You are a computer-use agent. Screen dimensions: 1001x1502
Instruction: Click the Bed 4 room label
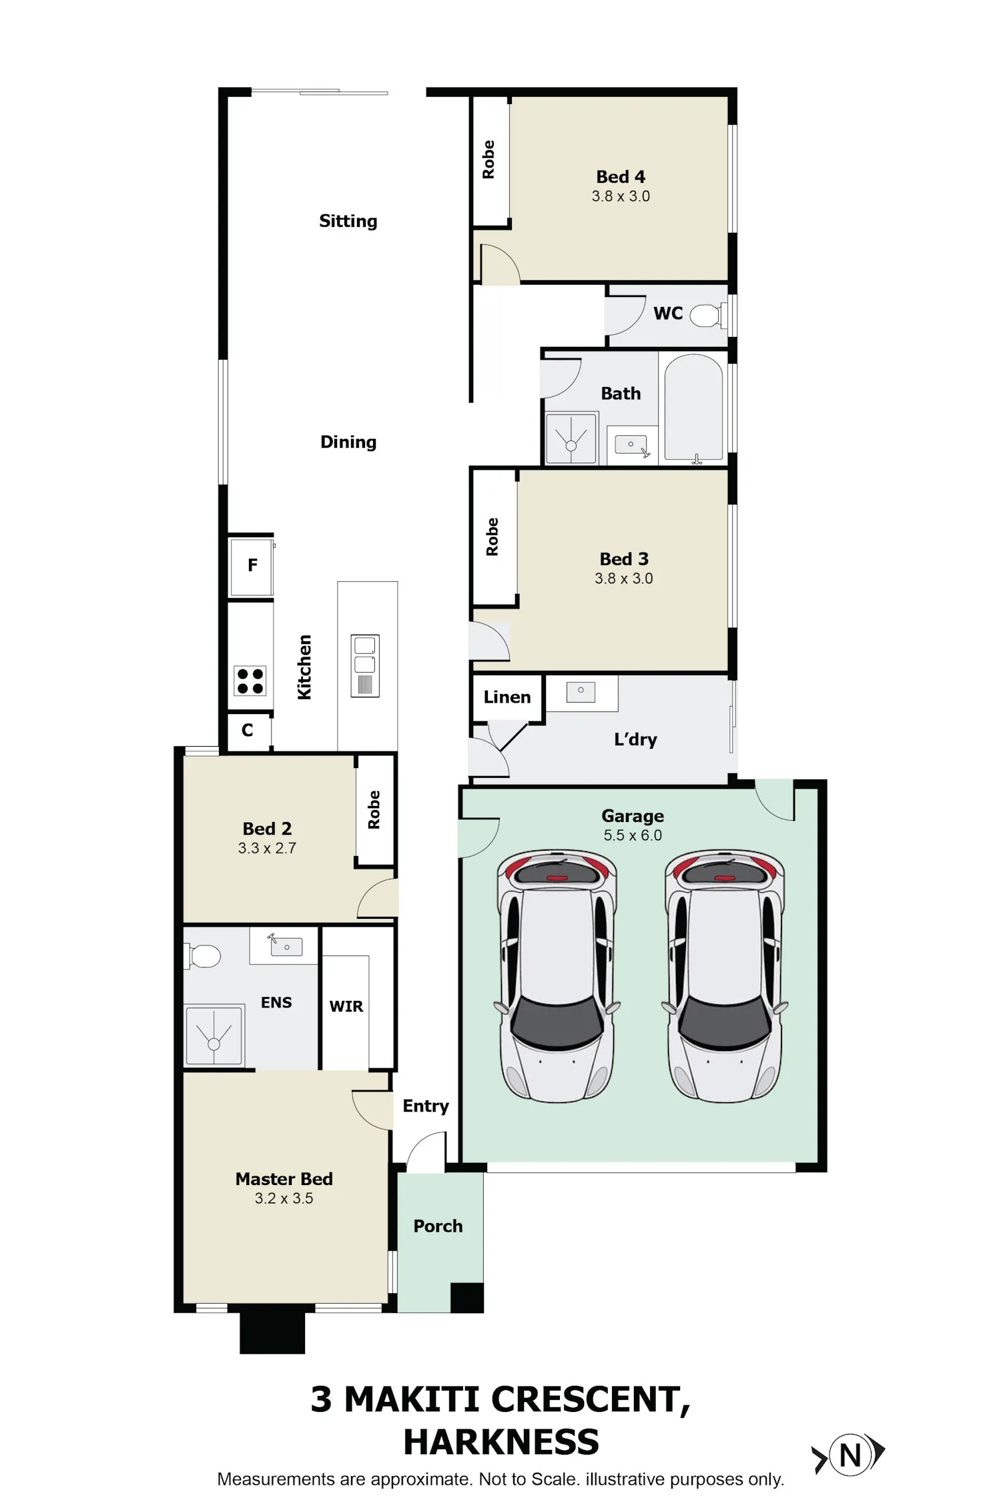(621, 177)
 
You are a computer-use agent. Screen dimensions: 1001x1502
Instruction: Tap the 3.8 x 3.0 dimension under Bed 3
(624, 579)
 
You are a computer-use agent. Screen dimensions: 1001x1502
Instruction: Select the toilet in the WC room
(705, 315)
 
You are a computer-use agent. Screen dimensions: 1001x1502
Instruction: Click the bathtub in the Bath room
(694, 408)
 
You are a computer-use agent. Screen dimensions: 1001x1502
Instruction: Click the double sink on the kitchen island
(365, 665)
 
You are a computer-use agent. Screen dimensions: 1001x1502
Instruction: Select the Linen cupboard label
(507, 697)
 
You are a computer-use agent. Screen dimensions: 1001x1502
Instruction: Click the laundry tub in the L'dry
(581, 691)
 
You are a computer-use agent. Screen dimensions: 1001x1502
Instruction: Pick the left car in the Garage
(557, 975)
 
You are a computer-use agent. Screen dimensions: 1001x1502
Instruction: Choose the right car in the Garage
(724, 975)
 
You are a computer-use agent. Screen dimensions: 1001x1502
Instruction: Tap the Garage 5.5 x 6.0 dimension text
(633, 835)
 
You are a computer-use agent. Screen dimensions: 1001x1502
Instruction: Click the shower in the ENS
(214, 1035)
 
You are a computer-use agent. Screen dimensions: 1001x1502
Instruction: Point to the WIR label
(346, 1006)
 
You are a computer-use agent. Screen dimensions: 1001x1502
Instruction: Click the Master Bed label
(284, 1179)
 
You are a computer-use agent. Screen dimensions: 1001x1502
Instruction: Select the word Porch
(438, 1226)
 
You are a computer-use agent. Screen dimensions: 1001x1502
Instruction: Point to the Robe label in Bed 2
(374, 810)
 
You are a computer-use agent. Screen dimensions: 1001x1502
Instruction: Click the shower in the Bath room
(571, 438)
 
